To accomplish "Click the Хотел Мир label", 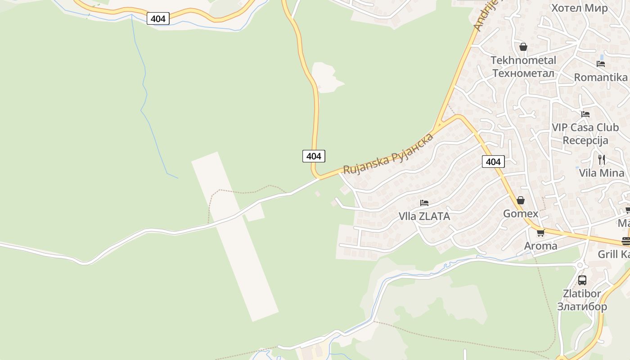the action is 579,8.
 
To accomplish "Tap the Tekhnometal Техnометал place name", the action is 523,67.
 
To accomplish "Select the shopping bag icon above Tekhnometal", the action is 523,47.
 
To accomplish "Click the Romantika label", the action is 600,77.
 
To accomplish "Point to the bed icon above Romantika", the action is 600,64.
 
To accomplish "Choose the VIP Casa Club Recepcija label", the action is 585,134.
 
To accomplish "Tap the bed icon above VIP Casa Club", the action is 585,114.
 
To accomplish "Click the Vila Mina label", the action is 601,173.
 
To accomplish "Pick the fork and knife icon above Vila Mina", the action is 601,159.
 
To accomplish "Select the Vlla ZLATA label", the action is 424,216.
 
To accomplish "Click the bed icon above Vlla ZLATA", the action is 424,203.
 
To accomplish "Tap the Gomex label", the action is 520,213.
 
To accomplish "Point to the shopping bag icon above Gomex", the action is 520,200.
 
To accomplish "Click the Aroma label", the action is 540,246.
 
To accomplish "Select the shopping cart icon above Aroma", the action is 540,233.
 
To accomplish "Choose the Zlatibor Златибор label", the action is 582,300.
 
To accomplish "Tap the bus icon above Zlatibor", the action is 582,280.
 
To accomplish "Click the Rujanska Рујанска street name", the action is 388,153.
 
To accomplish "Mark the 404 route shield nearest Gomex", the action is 493,162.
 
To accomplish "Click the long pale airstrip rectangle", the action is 235,236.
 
